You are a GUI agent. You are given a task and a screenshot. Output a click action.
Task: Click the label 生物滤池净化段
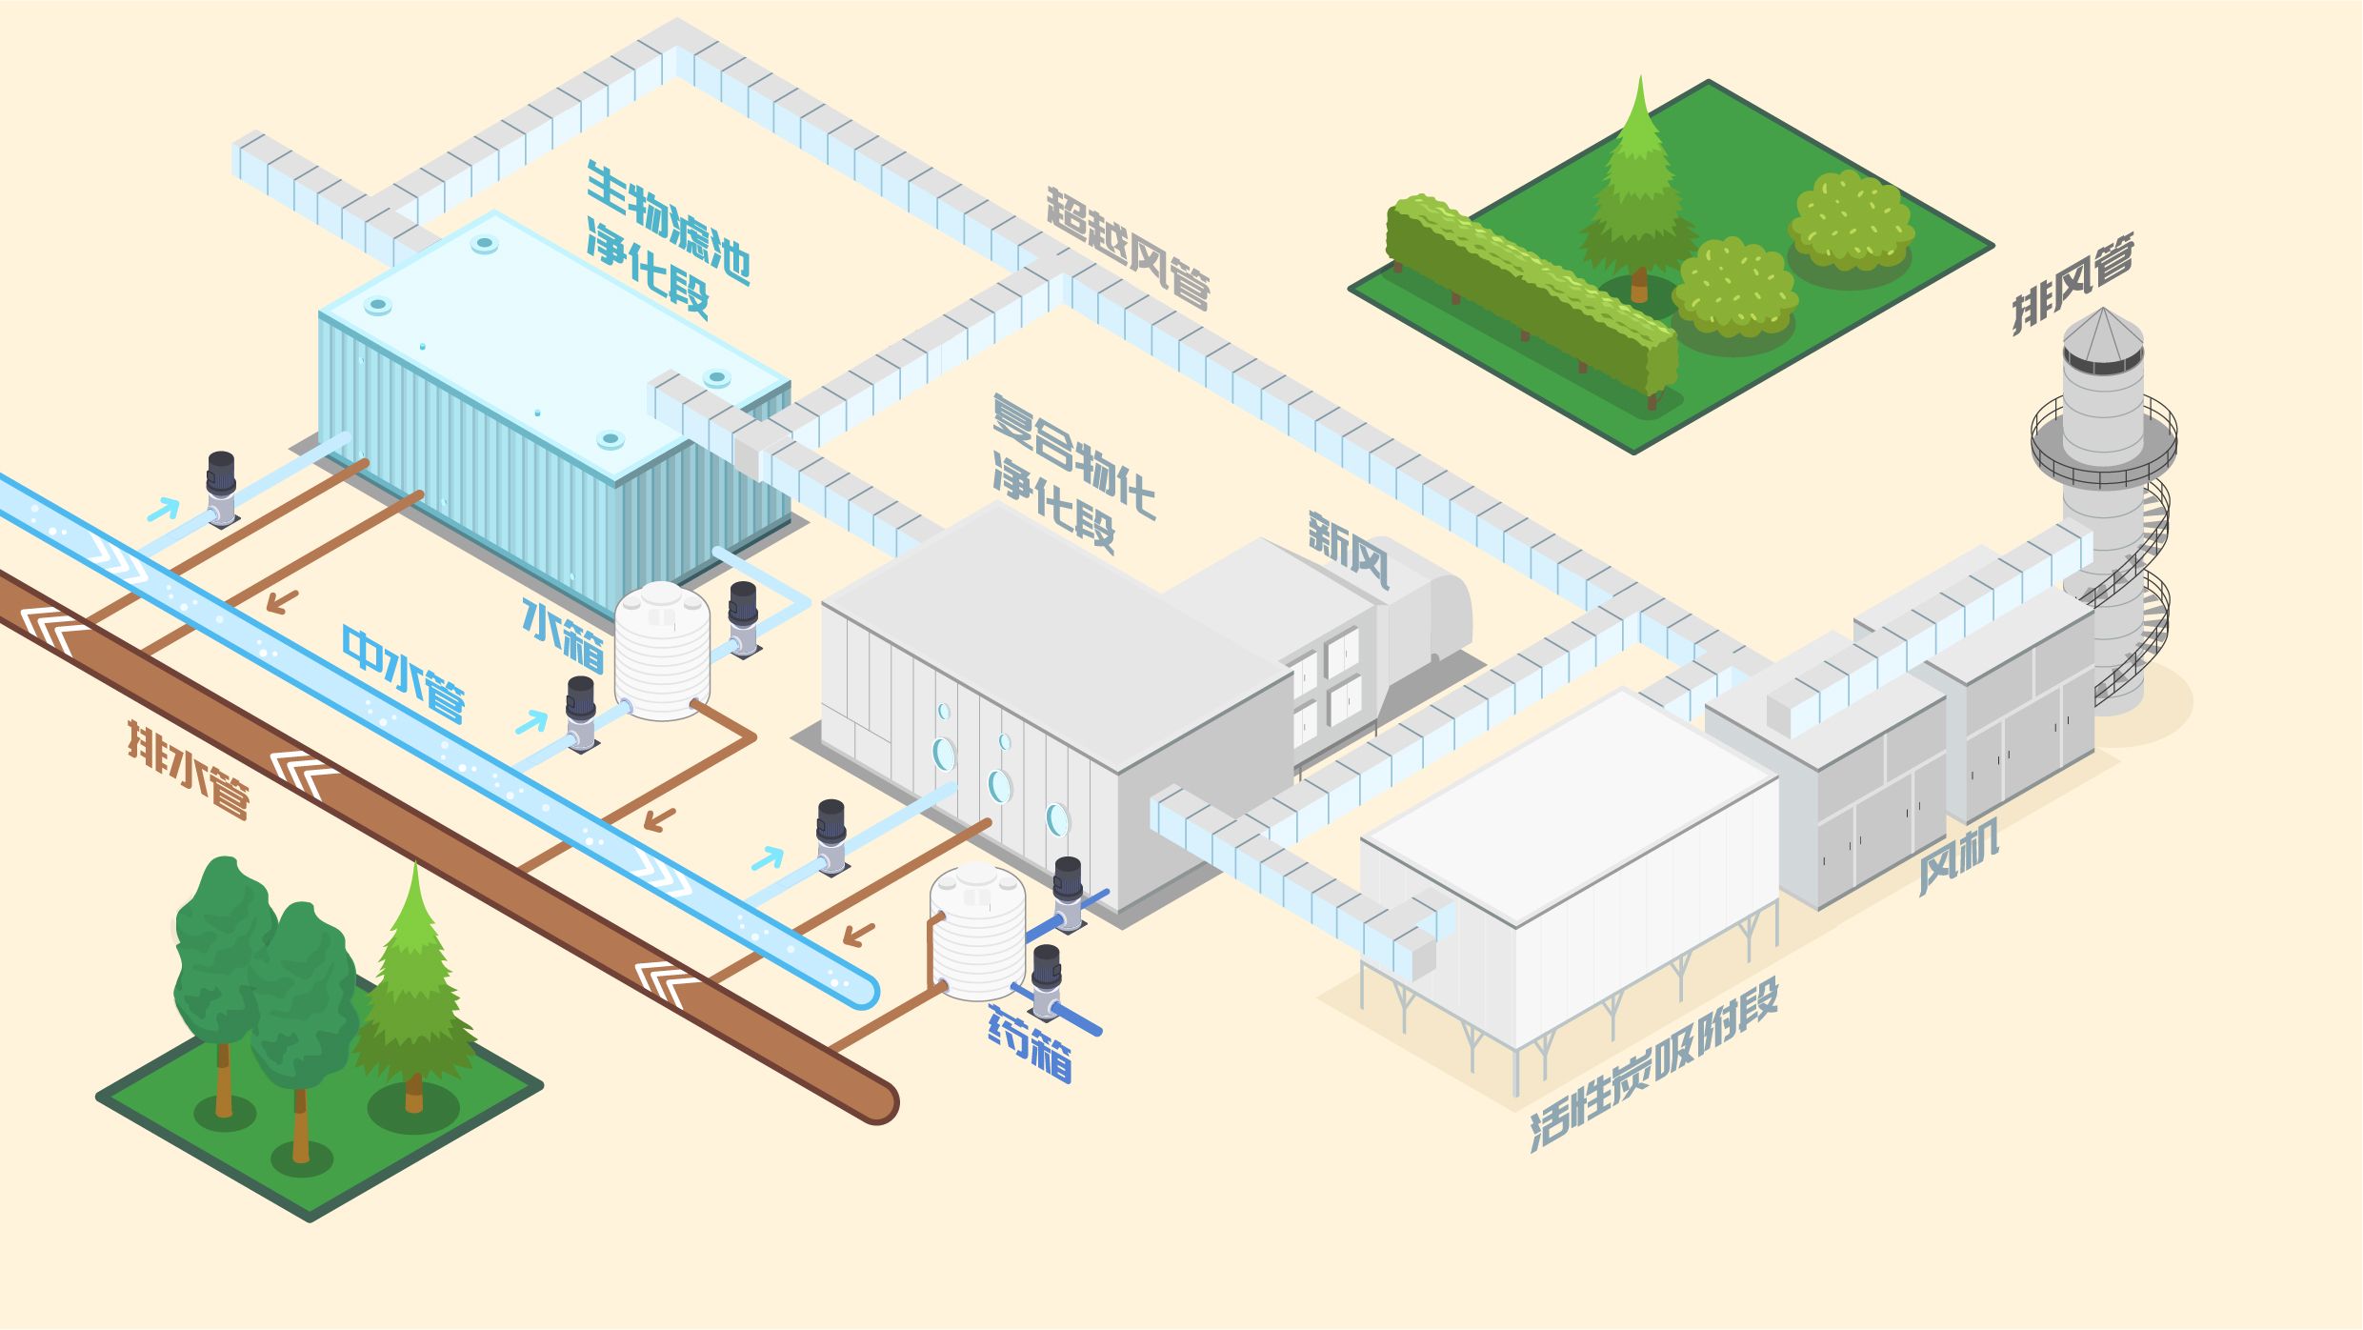click(667, 238)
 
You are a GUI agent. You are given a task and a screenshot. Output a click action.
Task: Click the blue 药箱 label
click(1030, 1044)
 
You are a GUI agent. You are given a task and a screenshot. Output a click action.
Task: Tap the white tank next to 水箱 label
click(662, 653)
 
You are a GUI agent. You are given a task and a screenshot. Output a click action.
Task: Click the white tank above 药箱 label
click(978, 931)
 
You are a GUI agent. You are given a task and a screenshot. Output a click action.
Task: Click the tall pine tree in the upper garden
click(1638, 191)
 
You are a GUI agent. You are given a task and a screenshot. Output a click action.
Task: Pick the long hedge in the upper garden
click(1529, 291)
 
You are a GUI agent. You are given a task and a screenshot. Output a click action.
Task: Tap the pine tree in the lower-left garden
click(415, 991)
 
